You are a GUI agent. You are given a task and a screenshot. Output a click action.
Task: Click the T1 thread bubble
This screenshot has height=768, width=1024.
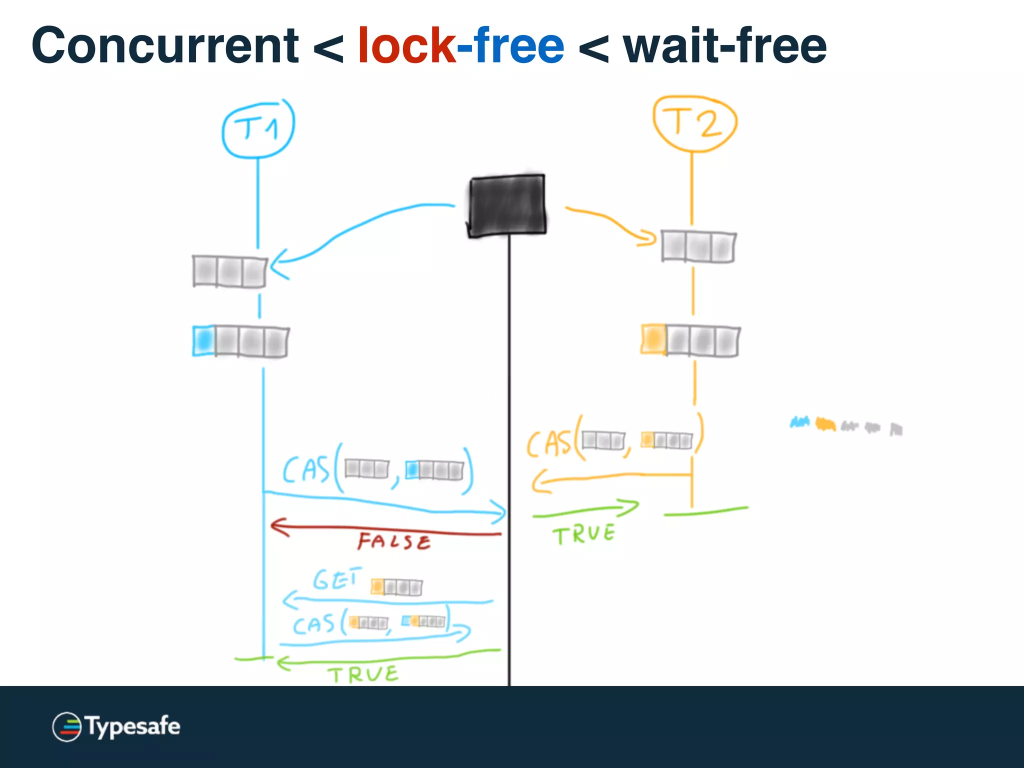pos(258,128)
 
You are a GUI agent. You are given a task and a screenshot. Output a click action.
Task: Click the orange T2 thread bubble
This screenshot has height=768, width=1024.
pos(694,123)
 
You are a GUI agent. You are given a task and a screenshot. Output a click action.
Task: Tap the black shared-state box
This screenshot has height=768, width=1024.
pos(507,205)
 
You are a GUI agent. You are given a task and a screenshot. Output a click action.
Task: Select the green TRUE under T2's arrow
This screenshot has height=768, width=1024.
pos(583,534)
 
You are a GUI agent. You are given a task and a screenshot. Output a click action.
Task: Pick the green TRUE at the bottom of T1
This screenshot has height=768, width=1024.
pos(363,675)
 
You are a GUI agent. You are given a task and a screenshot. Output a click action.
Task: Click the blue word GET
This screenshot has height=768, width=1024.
pos(336,579)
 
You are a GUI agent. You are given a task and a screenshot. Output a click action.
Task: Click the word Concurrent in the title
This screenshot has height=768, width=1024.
pos(165,46)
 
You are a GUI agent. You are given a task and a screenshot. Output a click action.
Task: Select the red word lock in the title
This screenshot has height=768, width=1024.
pos(406,46)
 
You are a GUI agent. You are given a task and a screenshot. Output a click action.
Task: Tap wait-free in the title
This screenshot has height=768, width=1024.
pos(724,46)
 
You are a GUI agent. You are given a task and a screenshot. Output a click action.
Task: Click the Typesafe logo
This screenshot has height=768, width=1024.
pos(116,726)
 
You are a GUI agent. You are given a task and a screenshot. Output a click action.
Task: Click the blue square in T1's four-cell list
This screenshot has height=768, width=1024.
pos(203,340)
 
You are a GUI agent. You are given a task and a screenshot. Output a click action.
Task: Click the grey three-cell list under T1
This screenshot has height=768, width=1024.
pos(229,271)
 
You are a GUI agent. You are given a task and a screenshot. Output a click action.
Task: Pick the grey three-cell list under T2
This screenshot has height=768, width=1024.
pos(698,246)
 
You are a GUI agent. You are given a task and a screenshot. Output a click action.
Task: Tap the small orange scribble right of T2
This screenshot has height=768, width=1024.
pos(825,424)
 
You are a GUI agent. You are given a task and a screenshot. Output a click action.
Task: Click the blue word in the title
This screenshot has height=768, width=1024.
pos(511,46)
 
